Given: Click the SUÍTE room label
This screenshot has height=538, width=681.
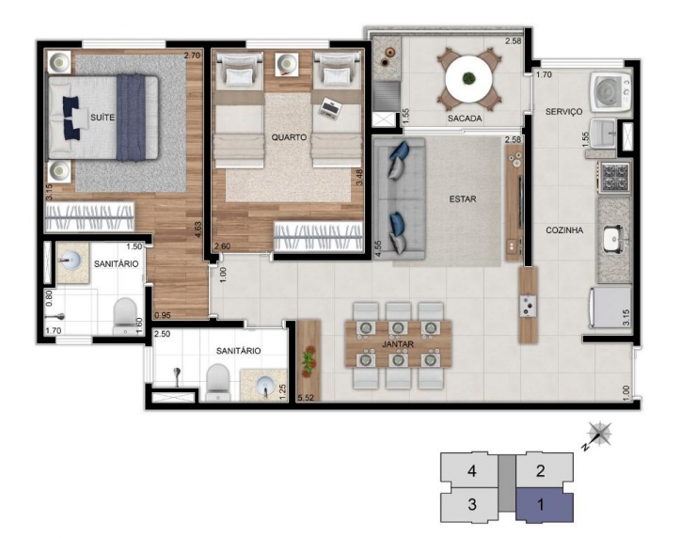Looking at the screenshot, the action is pyautogui.click(x=103, y=118).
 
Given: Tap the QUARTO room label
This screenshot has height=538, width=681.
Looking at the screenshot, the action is pyautogui.click(x=289, y=137).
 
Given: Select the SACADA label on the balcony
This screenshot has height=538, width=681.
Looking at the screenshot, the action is pyautogui.click(x=465, y=119).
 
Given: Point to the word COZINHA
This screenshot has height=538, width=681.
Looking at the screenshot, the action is pyautogui.click(x=564, y=230).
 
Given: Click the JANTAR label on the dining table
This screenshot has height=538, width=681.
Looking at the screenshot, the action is pyautogui.click(x=398, y=344).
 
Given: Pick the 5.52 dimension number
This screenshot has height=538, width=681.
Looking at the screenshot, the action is pyautogui.click(x=306, y=397).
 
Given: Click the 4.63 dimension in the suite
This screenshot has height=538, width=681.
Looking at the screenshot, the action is pyautogui.click(x=198, y=229).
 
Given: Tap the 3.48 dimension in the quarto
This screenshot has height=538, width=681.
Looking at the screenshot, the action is pyautogui.click(x=359, y=177).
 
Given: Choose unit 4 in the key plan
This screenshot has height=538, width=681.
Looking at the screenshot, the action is pyautogui.click(x=469, y=470).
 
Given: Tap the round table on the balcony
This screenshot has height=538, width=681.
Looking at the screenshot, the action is pyautogui.click(x=468, y=79).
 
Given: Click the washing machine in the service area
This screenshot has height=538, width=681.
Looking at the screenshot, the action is pyautogui.click(x=610, y=92).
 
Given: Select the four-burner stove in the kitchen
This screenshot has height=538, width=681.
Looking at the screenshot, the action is pyautogui.click(x=614, y=177).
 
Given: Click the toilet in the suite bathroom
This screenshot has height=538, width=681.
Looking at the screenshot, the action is pyautogui.click(x=125, y=315).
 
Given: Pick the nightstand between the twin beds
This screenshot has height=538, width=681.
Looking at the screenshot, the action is pyautogui.click(x=287, y=64).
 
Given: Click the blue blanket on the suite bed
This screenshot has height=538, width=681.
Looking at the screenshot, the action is pyautogui.click(x=131, y=118).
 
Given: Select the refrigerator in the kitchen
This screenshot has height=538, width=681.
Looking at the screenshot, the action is pyautogui.click(x=610, y=308).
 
